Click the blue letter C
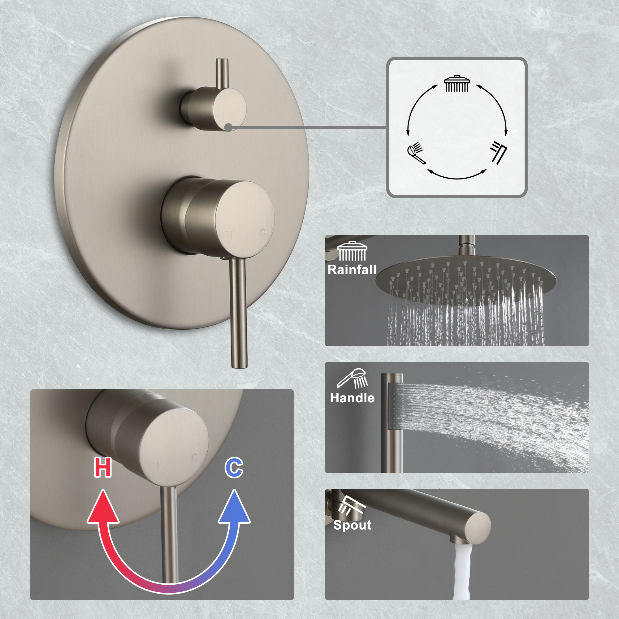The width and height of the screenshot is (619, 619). click(x=234, y=468)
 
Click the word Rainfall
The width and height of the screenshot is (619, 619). click(x=352, y=270)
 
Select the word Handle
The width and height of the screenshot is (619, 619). click(x=352, y=398)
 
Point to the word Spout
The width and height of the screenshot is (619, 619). click(x=352, y=525)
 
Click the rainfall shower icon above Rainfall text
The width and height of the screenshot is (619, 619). click(x=352, y=252)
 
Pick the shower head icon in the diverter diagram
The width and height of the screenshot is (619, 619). click(x=457, y=84)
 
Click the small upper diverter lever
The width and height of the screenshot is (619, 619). click(x=222, y=74)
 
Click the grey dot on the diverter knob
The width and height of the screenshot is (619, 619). click(x=228, y=128)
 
